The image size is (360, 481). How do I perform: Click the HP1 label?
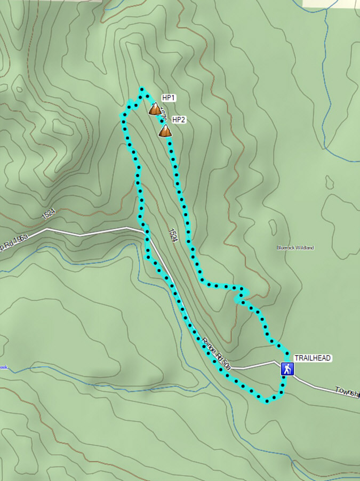(169, 98)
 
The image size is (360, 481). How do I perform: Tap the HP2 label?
(179, 119)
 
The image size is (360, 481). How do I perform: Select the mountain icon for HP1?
(155, 110)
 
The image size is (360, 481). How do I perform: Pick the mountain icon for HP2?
(165, 131)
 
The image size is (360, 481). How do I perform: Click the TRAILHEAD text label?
(313, 358)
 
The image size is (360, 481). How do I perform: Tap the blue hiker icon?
(287, 368)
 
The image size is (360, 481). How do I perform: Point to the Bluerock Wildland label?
(295, 247)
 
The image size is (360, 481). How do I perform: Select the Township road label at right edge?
(348, 392)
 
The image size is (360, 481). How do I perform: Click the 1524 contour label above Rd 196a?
(49, 214)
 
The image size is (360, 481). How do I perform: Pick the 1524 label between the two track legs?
(172, 235)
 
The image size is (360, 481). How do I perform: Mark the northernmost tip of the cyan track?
(142, 89)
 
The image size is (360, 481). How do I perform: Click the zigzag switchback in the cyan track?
(241, 295)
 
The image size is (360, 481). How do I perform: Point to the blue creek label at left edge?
(4, 367)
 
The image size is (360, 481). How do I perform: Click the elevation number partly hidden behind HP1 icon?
(162, 113)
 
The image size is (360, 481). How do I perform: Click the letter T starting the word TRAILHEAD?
(297, 358)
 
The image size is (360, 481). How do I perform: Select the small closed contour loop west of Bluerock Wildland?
(274, 226)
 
